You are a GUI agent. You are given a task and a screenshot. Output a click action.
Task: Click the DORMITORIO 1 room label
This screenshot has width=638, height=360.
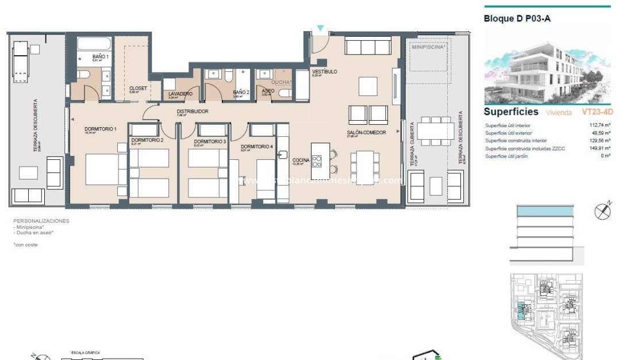101,129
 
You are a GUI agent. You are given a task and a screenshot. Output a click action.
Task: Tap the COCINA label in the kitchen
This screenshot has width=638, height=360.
301,160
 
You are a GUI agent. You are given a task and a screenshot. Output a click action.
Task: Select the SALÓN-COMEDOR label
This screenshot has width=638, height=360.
366,133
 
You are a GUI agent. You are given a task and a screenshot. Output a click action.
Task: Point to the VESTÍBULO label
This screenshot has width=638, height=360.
324,72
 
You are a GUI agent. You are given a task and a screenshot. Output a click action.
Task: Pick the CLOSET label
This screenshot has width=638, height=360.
138,88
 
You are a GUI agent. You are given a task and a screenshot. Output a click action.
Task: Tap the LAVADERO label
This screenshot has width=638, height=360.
180,94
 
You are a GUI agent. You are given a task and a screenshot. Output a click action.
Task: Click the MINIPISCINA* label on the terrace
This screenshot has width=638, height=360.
428,48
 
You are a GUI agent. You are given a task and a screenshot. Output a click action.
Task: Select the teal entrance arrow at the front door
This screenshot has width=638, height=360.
321,28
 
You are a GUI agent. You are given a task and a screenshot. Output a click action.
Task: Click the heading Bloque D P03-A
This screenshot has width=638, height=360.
517,18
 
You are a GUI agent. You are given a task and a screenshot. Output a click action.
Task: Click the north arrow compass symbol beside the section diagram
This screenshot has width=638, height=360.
602,211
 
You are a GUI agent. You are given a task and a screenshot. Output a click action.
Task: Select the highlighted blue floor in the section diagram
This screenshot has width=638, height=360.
545,212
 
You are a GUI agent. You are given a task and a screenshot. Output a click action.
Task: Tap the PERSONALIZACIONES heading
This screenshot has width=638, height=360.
41,221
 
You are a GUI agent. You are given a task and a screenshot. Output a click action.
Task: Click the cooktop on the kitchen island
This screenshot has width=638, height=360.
317,160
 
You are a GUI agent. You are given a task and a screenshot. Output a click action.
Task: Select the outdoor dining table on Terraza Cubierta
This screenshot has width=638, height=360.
436,131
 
